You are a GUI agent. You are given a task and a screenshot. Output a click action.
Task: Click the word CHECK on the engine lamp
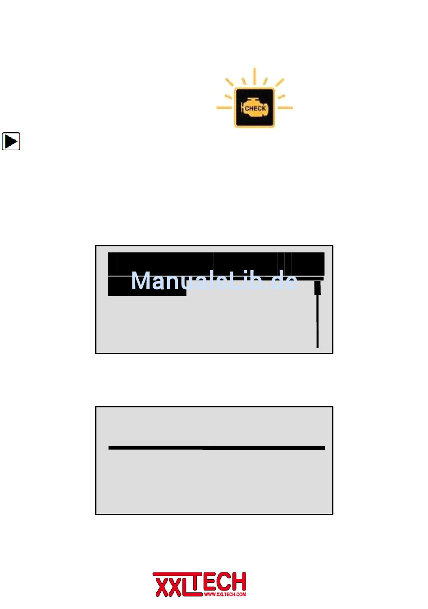[x=255, y=109]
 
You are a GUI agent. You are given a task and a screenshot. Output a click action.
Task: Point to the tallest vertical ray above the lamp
[x=255, y=76]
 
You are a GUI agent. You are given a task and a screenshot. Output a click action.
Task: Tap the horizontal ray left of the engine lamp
[x=224, y=108]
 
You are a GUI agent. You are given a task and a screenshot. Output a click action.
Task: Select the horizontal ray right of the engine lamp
[x=285, y=108]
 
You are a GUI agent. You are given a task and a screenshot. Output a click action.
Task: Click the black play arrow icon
[x=11, y=141]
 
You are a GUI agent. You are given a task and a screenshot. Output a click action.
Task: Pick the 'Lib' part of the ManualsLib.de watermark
[x=247, y=281]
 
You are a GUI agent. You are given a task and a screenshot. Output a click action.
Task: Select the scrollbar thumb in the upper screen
[x=317, y=287]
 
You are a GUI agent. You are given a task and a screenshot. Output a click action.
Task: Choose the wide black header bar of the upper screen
[x=216, y=263]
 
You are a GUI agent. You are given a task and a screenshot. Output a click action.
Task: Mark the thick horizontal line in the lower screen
[x=216, y=448]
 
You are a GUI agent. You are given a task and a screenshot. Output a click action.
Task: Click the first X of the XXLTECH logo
[x=162, y=585]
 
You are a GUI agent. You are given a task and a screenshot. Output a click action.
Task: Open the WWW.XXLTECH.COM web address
[x=225, y=595]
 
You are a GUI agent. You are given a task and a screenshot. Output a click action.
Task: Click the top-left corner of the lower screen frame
[x=96, y=407]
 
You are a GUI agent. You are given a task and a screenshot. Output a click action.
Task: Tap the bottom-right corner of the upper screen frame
[x=332, y=353]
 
